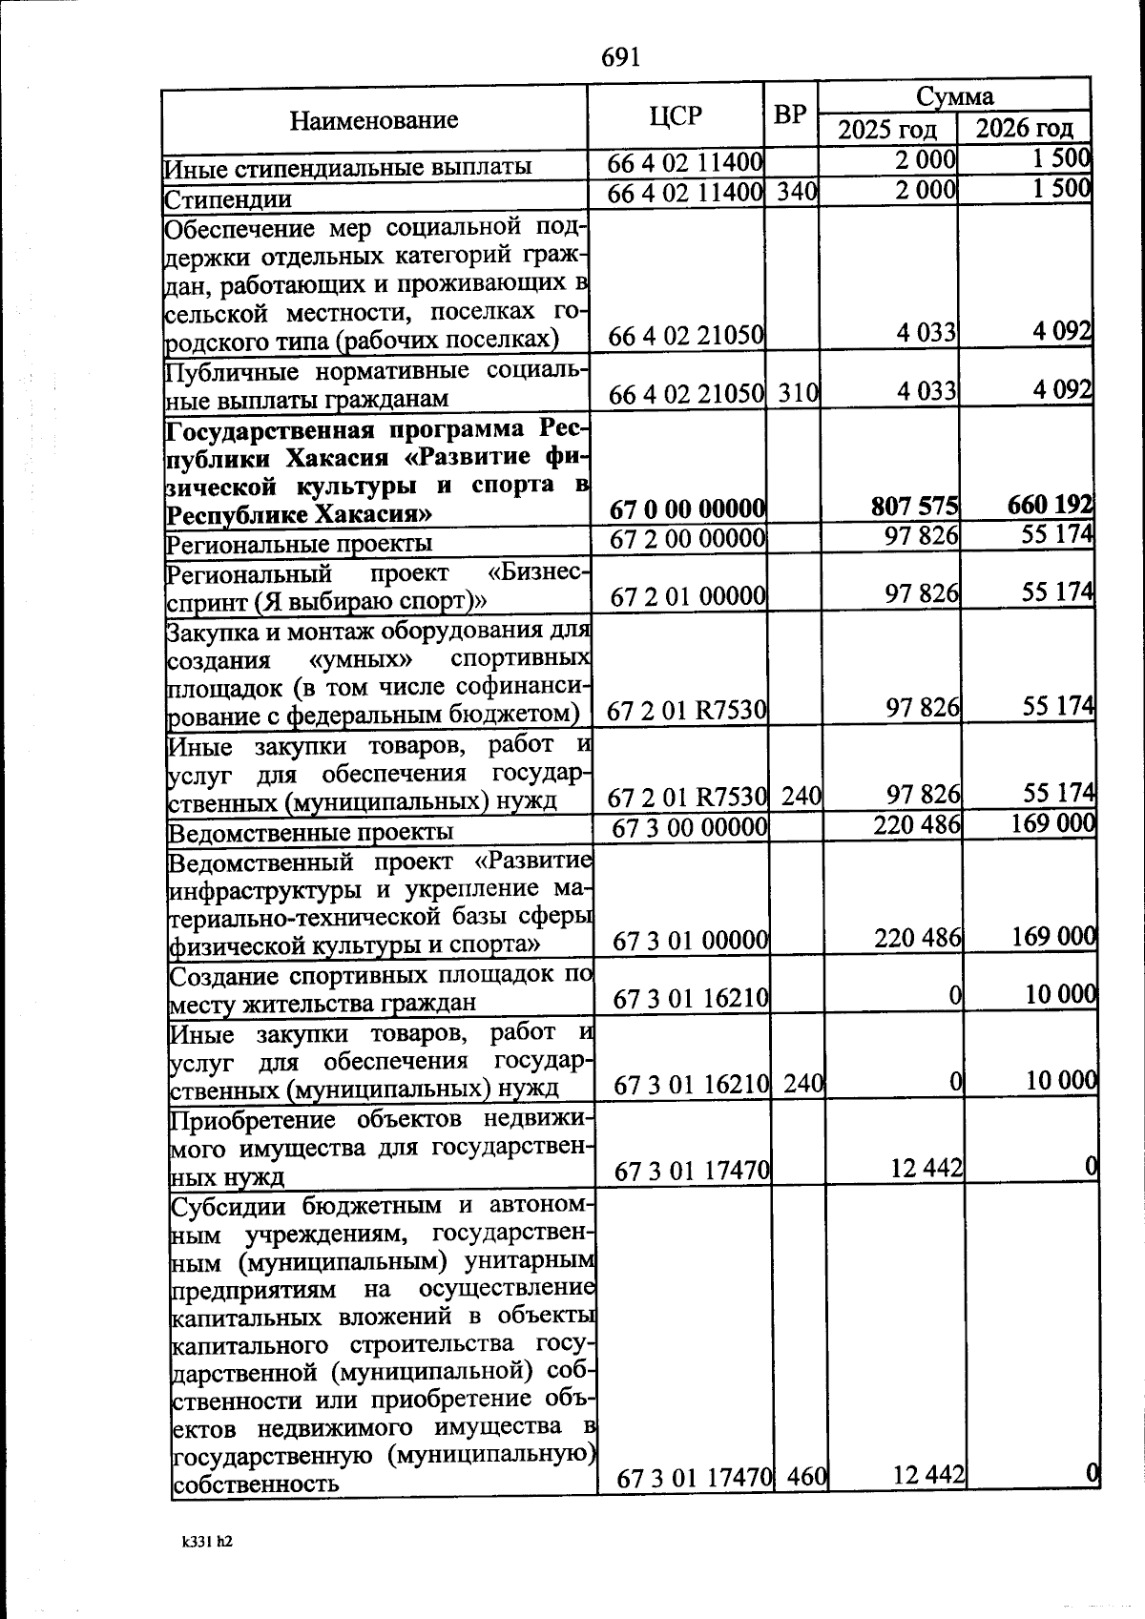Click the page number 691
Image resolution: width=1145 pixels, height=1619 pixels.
(620, 57)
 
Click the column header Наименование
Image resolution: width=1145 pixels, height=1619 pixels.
(374, 120)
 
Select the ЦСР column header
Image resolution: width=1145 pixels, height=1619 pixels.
(676, 116)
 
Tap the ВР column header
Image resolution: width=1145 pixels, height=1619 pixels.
(790, 115)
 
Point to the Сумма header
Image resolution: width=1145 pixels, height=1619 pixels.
(954, 96)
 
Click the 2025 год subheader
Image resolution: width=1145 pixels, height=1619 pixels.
(887, 130)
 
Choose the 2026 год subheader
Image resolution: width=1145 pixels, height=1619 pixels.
(1025, 129)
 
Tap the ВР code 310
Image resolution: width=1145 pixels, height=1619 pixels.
(797, 393)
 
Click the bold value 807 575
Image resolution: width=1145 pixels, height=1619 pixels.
(915, 507)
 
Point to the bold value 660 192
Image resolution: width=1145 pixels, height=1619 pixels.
(1051, 505)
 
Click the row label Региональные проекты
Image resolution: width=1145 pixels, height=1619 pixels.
(300, 544)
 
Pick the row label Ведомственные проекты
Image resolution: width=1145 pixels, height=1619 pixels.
(311, 832)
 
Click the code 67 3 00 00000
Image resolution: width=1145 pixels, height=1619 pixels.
(690, 827)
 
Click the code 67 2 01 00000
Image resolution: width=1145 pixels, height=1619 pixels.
(688, 597)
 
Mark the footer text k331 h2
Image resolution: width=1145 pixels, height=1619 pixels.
(207, 1541)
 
